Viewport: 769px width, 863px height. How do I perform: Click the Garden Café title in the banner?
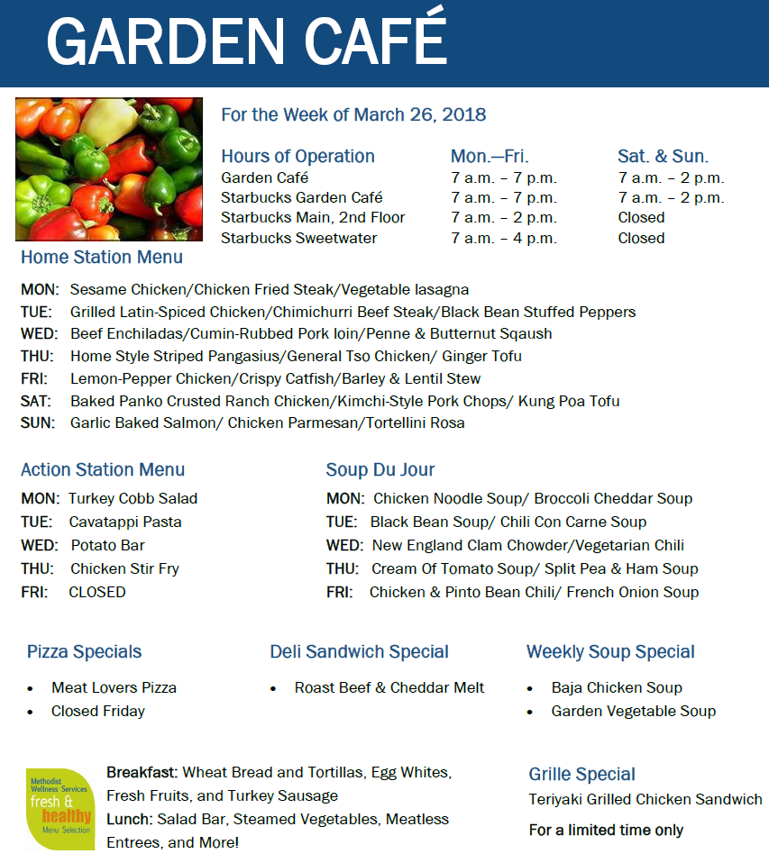tap(246, 39)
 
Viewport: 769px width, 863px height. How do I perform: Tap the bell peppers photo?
tap(109, 169)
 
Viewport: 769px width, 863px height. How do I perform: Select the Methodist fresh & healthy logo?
tap(60, 809)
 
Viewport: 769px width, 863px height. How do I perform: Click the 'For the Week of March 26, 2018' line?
tap(353, 114)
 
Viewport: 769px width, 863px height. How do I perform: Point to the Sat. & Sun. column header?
tap(663, 157)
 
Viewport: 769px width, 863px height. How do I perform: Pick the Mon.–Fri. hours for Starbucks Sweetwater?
tap(504, 239)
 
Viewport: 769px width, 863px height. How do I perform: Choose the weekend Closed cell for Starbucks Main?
tap(641, 217)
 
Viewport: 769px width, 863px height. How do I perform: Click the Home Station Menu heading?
tap(102, 257)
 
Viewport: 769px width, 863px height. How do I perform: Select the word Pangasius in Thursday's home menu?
tap(244, 356)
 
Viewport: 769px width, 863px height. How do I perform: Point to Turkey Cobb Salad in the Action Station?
tap(133, 499)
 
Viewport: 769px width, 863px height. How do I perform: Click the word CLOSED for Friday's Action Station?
tap(97, 592)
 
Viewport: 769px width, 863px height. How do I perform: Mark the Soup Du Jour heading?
tap(380, 469)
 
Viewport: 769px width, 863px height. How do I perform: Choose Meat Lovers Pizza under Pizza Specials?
tap(114, 687)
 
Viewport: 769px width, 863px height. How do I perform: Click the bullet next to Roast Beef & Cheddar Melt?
tap(273, 688)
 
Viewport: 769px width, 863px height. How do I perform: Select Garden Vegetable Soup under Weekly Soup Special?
tap(634, 711)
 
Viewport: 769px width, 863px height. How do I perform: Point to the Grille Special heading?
tap(581, 775)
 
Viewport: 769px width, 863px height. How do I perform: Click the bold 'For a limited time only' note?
tap(606, 830)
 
